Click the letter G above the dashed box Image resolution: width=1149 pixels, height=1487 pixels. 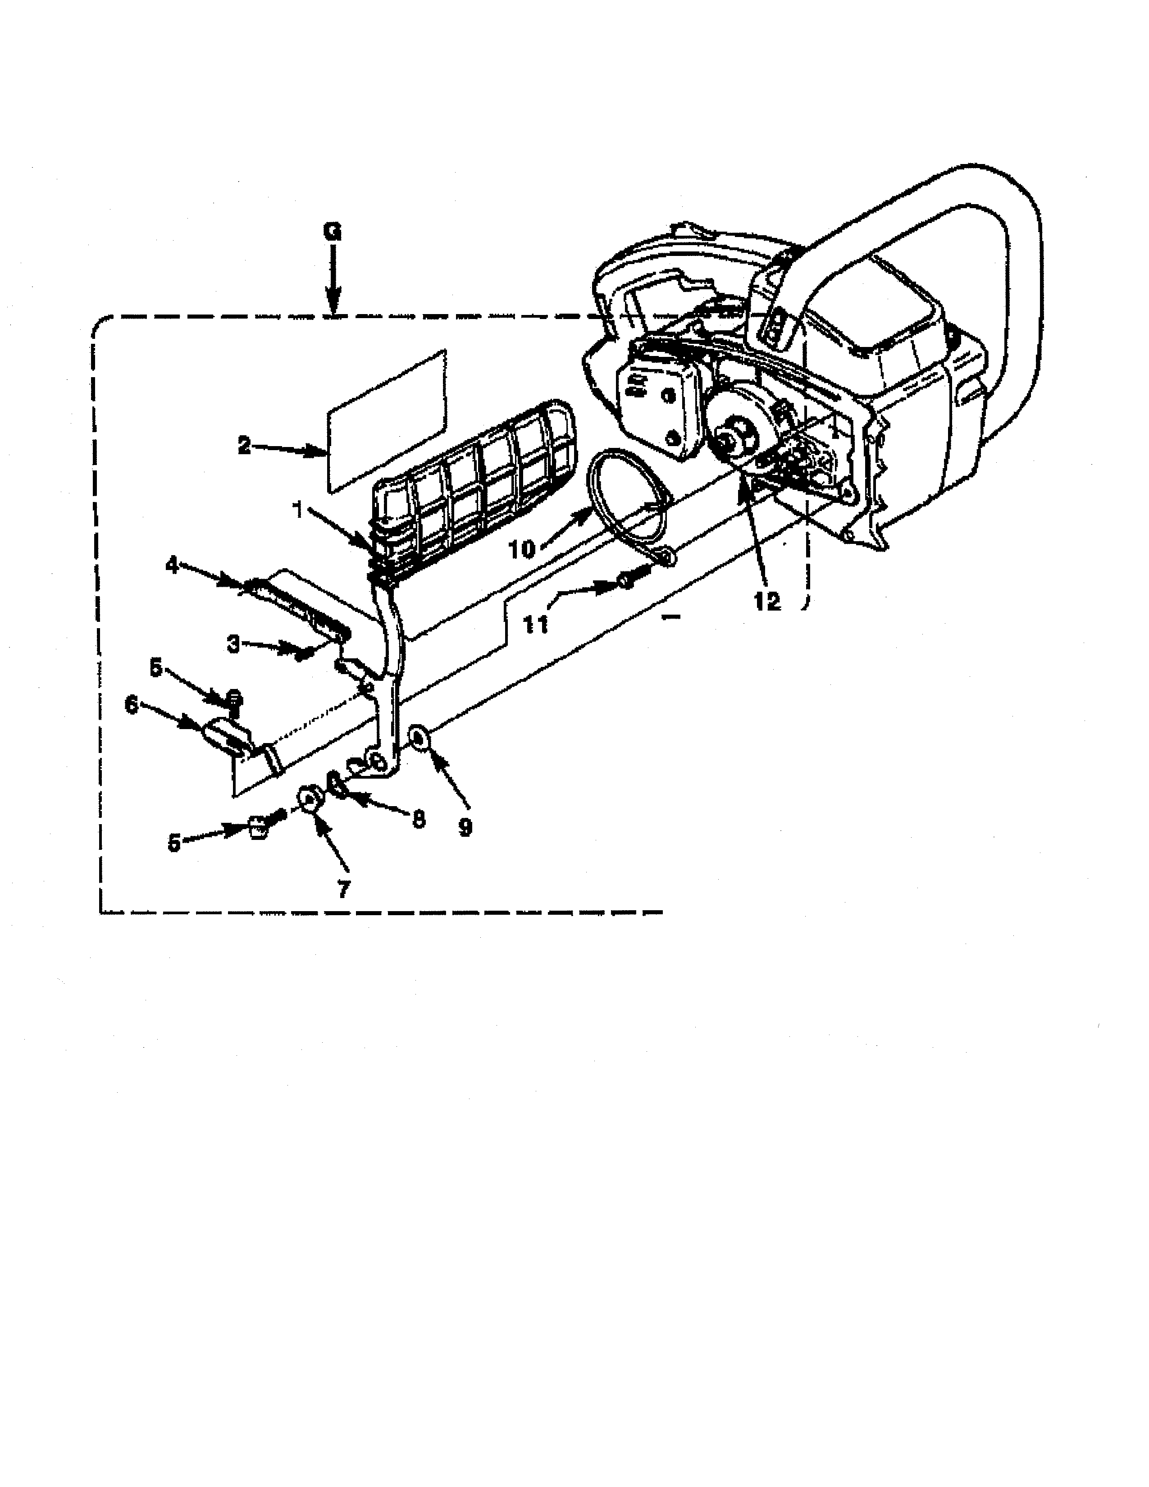point(332,232)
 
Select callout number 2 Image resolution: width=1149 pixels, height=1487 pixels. point(244,446)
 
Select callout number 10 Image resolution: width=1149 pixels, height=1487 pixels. point(523,549)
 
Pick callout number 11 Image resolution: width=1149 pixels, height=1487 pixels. point(536,624)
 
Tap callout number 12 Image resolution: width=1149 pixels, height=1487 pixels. point(768,601)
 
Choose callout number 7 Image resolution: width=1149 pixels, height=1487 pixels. point(343,889)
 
